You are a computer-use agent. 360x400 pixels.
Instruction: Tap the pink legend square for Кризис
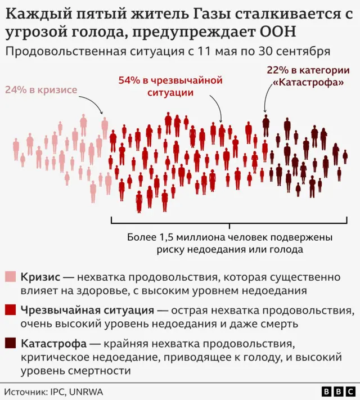(x=10, y=277)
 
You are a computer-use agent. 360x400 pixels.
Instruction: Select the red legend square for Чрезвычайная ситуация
(x=10, y=310)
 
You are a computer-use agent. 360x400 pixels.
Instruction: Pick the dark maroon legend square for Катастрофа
(x=10, y=343)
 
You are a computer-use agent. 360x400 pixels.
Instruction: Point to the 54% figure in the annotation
(x=129, y=80)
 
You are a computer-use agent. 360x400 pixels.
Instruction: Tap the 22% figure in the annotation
(x=276, y=70)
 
